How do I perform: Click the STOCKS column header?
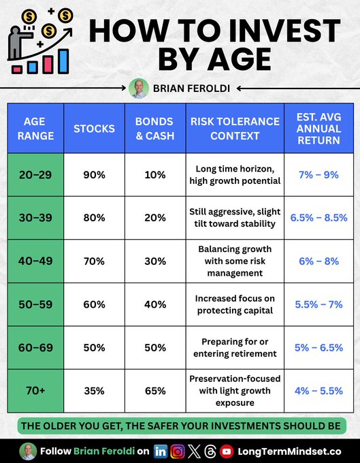point(95,129)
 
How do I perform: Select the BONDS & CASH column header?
point(155,129)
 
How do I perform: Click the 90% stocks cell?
point(95,175)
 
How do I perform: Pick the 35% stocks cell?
point(95,390)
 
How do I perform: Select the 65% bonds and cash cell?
point(155,390)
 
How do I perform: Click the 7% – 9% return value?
point(318,175)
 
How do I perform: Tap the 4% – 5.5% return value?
point(318,390)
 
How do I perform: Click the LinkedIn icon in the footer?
point(161,451)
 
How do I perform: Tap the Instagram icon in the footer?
point(178,451)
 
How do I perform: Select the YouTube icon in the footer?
point(227,451)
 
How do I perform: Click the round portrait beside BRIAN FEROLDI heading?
point(137,88)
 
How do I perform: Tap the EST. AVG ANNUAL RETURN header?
point(318,129)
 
